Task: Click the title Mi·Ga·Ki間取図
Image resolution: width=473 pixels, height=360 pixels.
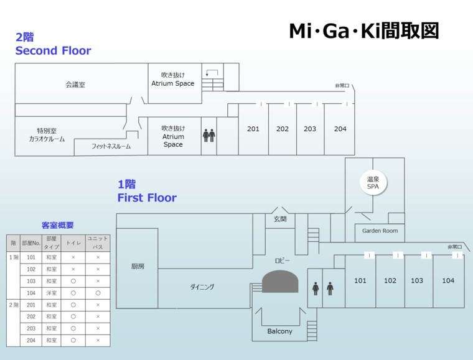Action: click(x=364, y=31)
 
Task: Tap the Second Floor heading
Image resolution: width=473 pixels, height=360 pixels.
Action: click(x=53, y=51)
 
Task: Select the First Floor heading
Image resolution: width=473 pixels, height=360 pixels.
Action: click(x=147, y=198)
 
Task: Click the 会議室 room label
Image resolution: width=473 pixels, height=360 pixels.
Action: click(x=75, y=85)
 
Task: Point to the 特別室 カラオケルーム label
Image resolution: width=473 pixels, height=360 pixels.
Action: click(x=47, y=135)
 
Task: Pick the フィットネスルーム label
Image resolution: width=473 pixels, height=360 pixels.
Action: click(x=111, y=147)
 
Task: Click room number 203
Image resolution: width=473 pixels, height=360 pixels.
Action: click(x=310, y=129)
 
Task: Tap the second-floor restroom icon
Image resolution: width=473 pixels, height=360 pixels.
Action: click(x=208, y=135)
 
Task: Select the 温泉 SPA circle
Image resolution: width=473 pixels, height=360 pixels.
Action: click(x=373, y=183)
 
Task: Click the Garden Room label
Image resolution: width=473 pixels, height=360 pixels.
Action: click(x=380, y=231)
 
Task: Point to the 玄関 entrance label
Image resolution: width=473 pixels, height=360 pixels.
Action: click(x=280, y=219)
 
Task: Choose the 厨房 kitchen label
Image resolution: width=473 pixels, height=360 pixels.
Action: click(x=138, y=266)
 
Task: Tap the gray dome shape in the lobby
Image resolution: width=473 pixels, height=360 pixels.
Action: click(x=280, y=282)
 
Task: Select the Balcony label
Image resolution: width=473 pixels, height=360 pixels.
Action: click(x=279, y=331)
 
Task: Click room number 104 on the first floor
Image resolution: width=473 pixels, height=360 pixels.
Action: click(x=448, y=281)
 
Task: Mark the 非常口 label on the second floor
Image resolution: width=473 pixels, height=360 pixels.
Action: click(x=342, y=85)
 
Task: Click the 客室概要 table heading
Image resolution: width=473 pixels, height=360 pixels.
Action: click(x=57, y=225)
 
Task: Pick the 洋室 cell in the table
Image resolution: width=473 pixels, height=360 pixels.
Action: click(x=51, y=293)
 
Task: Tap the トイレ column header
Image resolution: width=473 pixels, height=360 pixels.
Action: click(x=73, y=242)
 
